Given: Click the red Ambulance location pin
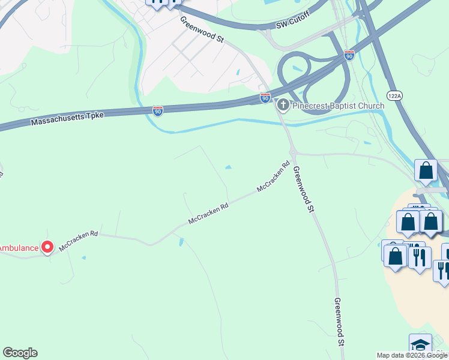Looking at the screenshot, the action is tap(47, 247).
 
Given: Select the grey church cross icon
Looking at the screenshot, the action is tap(283, 106).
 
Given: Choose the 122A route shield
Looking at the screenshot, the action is tap(394, 95).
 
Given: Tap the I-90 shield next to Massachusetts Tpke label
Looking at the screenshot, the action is tap(157, 111).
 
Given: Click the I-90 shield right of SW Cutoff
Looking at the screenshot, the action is tap(349, 55).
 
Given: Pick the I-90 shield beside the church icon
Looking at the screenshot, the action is tap(265, 97).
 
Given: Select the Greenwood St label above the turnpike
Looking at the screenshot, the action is tap(202, 29).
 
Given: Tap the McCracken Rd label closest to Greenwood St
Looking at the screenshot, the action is tap(273, 176).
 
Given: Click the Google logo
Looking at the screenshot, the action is tap(20, 353).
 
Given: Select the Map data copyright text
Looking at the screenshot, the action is tap(412, 355).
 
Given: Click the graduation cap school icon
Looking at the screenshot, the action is tap(420, 346).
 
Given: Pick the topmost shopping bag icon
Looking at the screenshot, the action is tap(426, 170).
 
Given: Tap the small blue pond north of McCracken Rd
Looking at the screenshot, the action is tap(228, 167).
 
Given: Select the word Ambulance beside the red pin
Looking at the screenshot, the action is tap(19, 247).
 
